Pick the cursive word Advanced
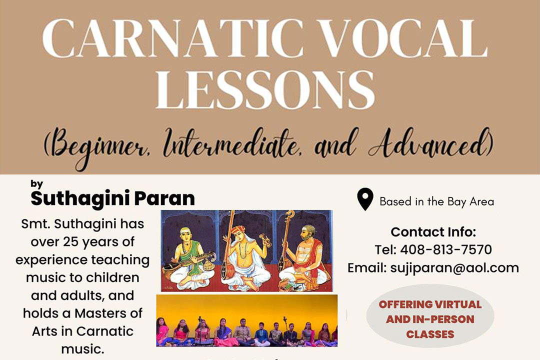(430, 143)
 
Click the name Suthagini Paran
(112, 198)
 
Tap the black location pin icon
(365, 199)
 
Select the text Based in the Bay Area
(436, 201)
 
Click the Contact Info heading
(433, 232)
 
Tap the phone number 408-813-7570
(446, 250)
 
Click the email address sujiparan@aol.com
(454, 268)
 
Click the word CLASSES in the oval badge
(430, 334)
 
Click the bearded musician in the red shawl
(305, 256)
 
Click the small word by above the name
(36, 184)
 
